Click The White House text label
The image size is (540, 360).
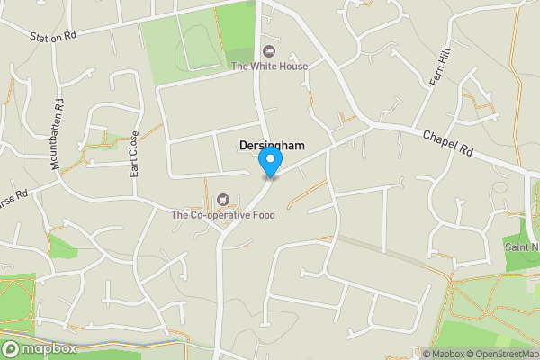coord(269,66)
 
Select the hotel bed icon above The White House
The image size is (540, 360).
coord(268,50)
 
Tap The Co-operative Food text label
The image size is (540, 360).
coord(223,214)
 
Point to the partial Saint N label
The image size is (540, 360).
coord(521,247)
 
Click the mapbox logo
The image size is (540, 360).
coord(40,348)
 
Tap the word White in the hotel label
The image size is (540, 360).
coord(267,66)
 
